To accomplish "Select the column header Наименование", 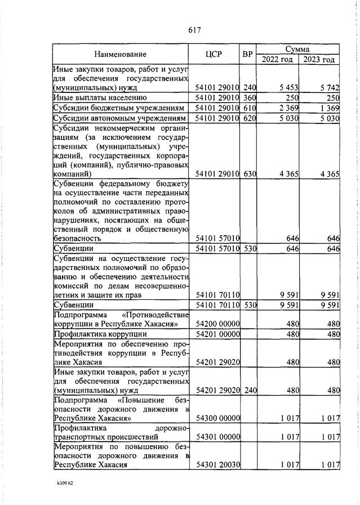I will pos(120,55).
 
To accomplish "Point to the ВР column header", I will pos(247,55).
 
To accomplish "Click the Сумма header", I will pos(297,50).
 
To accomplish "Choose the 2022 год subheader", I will pos(277,60).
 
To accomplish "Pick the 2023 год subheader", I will pos(319,60).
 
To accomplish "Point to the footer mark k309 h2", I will pos(65,483).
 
